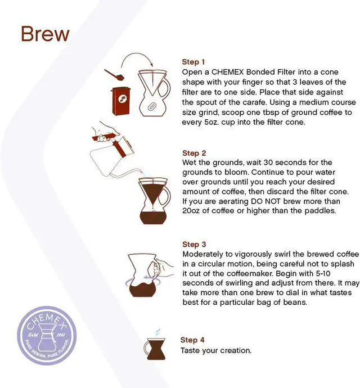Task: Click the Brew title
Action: point(45,34)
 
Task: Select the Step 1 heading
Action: point(193,62)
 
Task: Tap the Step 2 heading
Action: point(194,153)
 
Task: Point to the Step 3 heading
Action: point(194,245)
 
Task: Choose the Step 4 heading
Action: point(192,340)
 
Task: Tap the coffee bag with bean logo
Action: point(121,101)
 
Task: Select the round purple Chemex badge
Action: point(47,336)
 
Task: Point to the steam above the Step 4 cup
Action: point(157,332)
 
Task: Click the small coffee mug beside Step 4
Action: point(155,349)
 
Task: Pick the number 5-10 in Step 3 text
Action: point(323,273)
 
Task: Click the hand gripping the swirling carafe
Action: point(163,268)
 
